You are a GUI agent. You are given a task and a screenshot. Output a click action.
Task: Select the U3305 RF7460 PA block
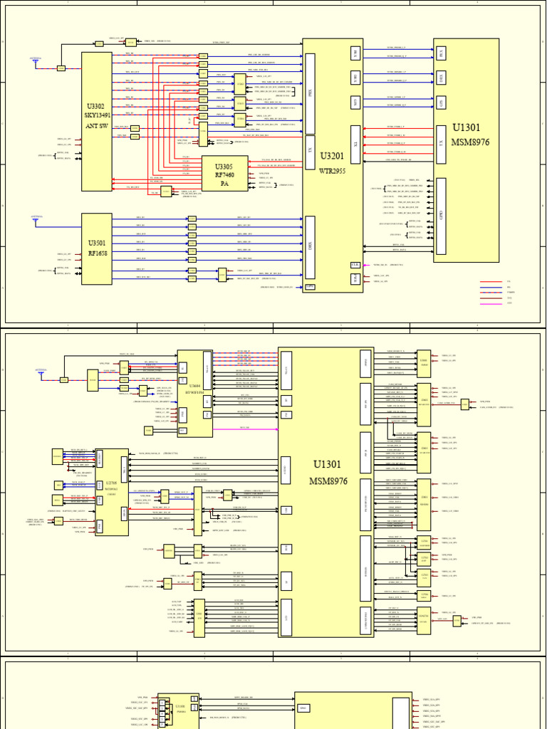point(224,173)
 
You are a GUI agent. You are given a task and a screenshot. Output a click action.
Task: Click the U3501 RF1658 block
point(97,247)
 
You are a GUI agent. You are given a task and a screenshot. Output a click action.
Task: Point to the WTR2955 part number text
point(333,171)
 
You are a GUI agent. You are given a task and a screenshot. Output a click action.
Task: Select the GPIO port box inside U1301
point(441,216)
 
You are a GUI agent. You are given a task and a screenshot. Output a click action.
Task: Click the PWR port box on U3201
point(309,287)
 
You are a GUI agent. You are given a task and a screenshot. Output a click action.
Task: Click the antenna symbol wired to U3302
point(36,61)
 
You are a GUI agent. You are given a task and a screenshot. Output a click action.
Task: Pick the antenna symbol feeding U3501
point(36,219)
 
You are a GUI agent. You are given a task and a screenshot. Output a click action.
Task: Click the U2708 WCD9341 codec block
point(111,492)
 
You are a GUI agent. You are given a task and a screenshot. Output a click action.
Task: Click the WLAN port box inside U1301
point(286,370)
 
